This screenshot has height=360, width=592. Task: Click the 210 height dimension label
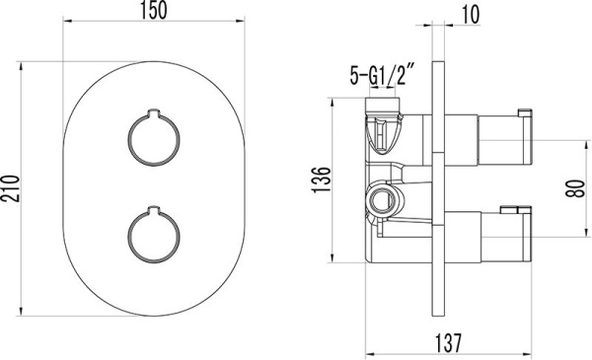[12, 183]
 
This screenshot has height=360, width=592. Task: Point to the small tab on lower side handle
[514, 208]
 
